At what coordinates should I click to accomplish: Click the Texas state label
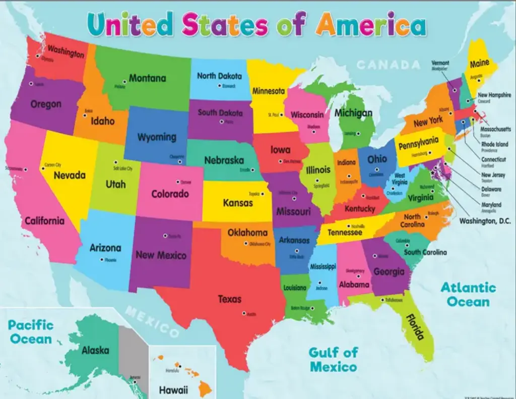click(x=229, y=299)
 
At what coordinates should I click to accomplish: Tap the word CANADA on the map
click(x=388, y=65)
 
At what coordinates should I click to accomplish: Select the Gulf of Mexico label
click(x=333, y=359)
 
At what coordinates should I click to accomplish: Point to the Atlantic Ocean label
click(x=468, y=295)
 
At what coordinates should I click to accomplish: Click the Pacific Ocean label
click(x=30, y=331)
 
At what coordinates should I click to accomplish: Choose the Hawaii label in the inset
click(x=173, y=389)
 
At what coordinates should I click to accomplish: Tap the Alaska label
click(x=95, y=350)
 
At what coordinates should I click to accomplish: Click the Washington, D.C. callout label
click(x=485, y=221)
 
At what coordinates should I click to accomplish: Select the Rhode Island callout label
click(x=494, y=144)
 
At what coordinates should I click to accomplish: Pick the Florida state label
click(x=414, y=327)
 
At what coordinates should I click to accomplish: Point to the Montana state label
click(x=147, y=78)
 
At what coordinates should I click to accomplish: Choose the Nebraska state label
click(x=224, y=160)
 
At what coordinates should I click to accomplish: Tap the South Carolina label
click(x=425, y=252)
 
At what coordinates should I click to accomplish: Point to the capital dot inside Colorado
click(x=177, y=182)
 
